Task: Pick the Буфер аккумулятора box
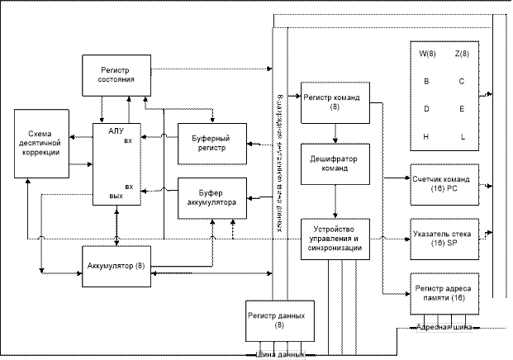pos(212,197)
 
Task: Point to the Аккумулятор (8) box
pos(117,266)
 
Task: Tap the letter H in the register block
pos(427,136)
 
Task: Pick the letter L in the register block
pos(462,136)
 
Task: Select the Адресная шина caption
pos(444,329)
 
